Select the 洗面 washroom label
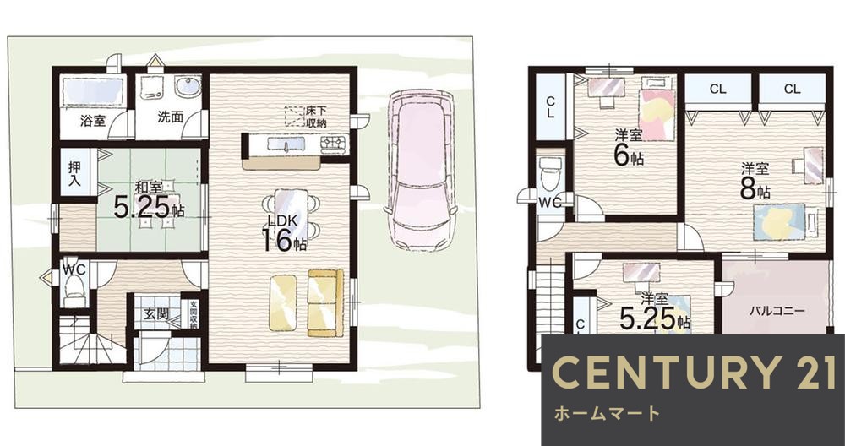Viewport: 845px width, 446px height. [170, 117]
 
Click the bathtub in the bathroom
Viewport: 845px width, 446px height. [94, 89]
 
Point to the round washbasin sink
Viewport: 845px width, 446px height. [188, 88]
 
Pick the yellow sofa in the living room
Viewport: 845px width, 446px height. [325, 302]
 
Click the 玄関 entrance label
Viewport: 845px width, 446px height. [155, 314]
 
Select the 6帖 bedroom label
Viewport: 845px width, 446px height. [628, 150]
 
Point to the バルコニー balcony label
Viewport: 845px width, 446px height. [777, 310]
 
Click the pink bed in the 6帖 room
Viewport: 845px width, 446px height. [656, 108]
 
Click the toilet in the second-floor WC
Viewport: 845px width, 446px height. [550, 176]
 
